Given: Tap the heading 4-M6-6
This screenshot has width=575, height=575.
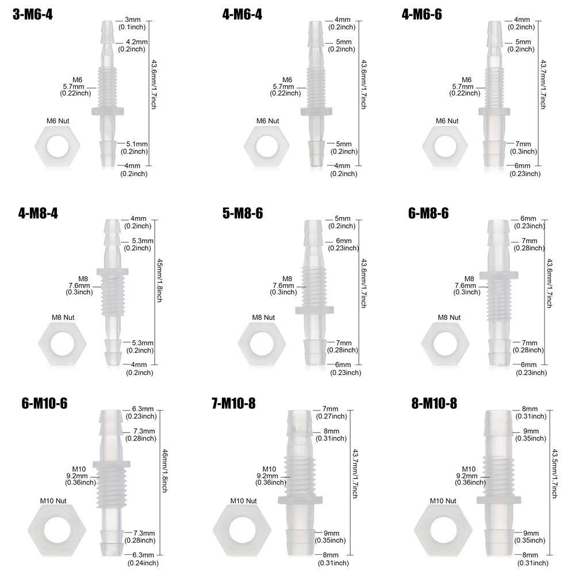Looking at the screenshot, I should point(422,15).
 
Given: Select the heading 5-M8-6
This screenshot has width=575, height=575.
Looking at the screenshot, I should point(242,213).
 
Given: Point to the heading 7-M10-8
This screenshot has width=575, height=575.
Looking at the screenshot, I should point(233,404).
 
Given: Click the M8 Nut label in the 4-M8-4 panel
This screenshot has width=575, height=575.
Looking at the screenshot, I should point(63,317).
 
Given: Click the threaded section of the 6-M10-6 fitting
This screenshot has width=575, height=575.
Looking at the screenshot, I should point(112,488).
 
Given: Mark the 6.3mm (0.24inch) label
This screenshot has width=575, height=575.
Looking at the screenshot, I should point(141,559).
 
